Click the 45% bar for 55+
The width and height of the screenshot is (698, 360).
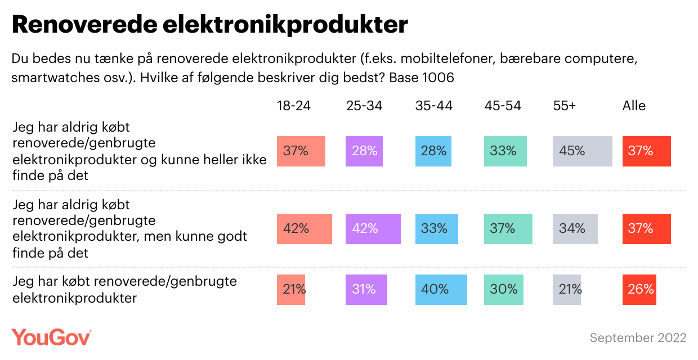coord(583,151)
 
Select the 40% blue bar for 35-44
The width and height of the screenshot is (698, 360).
coord(441,289)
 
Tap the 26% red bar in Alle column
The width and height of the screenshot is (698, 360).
coord(639,289)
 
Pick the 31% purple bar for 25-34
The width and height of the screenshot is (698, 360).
coord(366,289)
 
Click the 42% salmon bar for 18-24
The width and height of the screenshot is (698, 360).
coord(304,229)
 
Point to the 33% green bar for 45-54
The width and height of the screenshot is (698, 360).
coord(505,151)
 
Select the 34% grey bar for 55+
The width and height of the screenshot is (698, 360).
coord(575,229)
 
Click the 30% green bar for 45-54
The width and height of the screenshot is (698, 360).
coord(503,289)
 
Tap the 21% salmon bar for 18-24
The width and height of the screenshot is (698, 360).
coord(291,289)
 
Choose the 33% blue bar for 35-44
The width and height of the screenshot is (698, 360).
coord(437,229)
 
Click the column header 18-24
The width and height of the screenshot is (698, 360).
coord(294,106)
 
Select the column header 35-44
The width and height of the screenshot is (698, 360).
coord(433,106)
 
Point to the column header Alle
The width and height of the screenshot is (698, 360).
coord(634,106)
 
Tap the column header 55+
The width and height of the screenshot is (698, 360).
coord(565,106)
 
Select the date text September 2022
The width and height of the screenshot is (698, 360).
coord(638,337)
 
